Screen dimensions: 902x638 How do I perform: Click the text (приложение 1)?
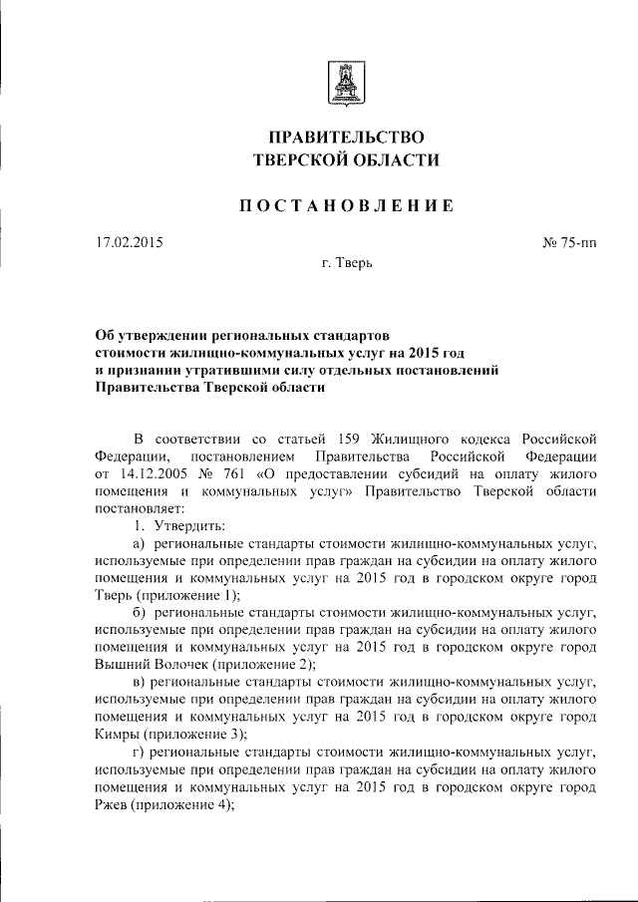tap(183, 594)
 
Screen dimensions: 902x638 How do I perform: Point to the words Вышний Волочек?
tap(140, 664)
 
